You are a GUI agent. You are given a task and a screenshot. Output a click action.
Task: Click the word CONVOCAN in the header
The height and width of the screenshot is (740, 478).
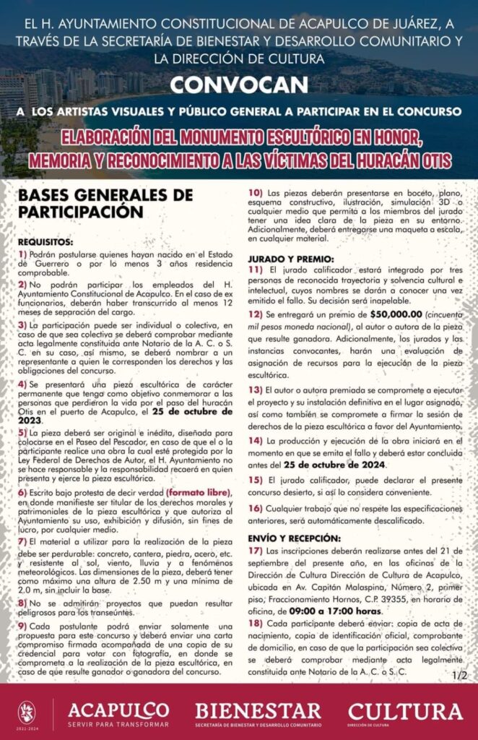(238, 85)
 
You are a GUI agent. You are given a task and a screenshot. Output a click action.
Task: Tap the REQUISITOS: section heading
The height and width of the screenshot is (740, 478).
(45, 241)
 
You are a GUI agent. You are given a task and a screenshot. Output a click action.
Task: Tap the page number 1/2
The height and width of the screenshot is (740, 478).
(459, 676)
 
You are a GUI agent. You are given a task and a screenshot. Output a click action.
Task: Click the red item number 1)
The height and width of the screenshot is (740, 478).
(22, 254)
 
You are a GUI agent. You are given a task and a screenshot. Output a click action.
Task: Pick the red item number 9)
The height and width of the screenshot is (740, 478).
(22, 625)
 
